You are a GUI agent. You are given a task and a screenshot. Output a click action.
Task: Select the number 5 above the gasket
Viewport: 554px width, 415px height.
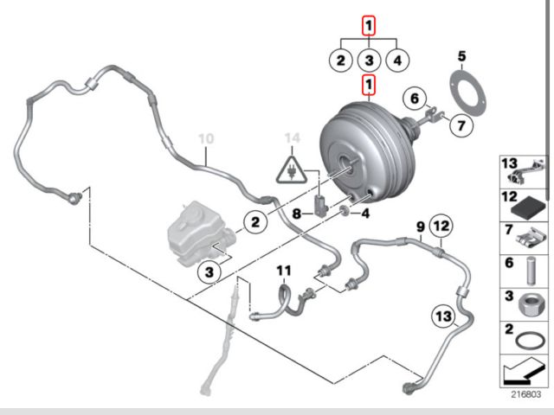point(461,57)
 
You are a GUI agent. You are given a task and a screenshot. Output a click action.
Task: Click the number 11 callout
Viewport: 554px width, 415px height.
point(283,271)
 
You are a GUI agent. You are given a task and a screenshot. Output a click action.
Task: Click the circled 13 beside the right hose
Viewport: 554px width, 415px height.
point(443,316)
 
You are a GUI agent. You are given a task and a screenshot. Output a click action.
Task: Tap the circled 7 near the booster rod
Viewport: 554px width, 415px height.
point(461,125)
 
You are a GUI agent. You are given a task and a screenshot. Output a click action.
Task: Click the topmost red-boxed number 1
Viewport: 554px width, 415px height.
point(369,27)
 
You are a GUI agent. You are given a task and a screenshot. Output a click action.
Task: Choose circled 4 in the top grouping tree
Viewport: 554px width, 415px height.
point(397,61)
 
